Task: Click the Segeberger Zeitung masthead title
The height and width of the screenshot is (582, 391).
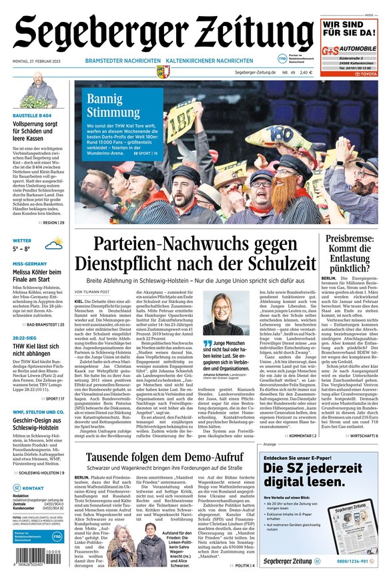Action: coord(163,31)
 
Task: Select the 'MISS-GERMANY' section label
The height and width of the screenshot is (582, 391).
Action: coord(29,264)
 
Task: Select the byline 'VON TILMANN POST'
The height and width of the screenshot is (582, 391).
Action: coord(92,292)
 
